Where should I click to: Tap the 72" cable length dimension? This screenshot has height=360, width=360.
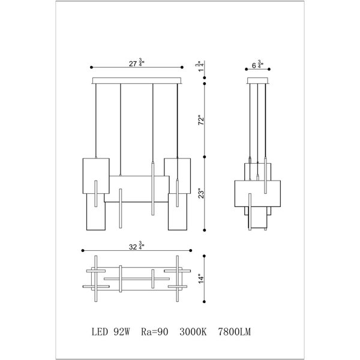click(x=201, y=119)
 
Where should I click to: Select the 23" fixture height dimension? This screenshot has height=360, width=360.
click(x=201, y=194)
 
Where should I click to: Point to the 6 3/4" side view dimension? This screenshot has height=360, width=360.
click(x=257, y=65)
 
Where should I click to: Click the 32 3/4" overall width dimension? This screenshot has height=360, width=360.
click(x=137, y=246)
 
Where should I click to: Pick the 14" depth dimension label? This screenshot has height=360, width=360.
click(x=201, y=278)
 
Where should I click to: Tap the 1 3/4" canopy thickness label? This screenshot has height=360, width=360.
click(x=200, y=67)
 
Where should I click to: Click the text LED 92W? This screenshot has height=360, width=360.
click(x=111, y=332)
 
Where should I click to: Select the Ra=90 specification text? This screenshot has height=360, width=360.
click(x=155, y=332)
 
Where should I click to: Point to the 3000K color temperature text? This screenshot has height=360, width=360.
click(x=193, y=332)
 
